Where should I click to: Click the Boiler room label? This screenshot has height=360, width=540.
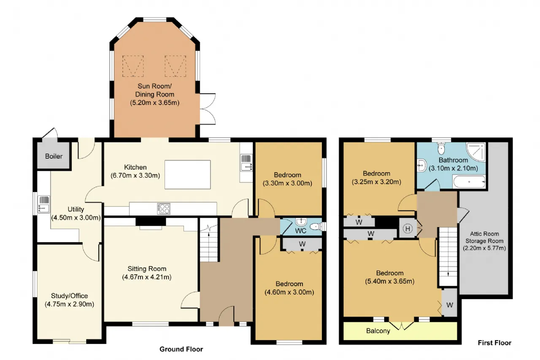click(54, 156)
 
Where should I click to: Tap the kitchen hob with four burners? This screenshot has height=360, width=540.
click(164, 209)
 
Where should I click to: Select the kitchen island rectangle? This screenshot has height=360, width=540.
click(188, 175)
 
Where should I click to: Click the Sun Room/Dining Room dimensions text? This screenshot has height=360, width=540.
click(154, 103)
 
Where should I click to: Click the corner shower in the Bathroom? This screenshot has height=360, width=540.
click(475, 152)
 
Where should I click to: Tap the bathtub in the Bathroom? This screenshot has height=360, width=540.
click(469, 182)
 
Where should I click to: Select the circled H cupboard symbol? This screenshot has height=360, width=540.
click(408, 229)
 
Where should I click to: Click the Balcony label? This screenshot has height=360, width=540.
click(378, 331)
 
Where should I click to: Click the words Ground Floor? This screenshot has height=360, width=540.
click(181, 349)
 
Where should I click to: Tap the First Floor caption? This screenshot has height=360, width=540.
click(494, 343)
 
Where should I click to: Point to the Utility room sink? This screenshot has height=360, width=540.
click(44, 204)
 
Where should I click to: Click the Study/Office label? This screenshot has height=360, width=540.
click(70, 296)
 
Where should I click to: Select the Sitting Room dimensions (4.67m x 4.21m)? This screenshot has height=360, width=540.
click(147, 277)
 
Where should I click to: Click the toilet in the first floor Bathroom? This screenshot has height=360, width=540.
click(441, 148)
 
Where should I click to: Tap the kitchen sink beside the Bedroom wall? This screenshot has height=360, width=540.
click(246, 163)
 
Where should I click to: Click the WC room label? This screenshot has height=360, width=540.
click(301, 231)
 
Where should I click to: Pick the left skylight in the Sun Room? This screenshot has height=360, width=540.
click(133, 66)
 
